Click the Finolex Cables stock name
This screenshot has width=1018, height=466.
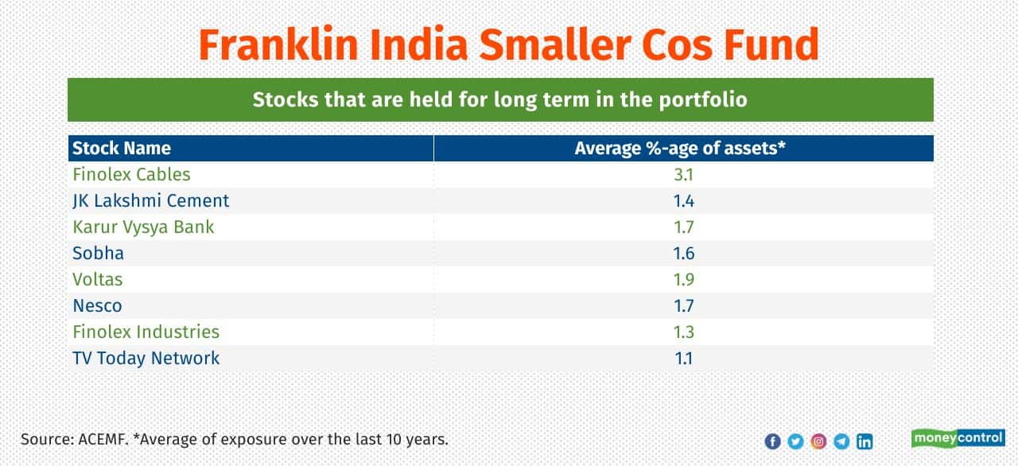click(x=131, y=174)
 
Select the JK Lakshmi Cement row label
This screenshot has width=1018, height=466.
click(x=150, y=200)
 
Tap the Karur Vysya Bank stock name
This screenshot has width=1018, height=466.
click(x=143, y=227)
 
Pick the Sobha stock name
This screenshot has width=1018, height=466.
click(x=98, y=253)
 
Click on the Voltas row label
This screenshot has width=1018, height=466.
click(x=98, y=279)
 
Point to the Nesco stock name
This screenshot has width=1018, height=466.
click(x=97, y=305)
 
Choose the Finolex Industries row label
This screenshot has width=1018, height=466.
click(x=146, y=332)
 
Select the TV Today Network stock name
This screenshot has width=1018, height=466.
click(x=146, y=358)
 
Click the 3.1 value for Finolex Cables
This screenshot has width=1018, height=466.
click(x=683, y=174)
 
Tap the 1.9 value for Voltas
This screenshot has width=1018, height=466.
click(x=683, y=279)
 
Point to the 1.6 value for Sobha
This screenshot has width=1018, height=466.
click(x=683, y=253)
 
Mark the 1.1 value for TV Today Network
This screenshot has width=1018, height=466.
click(x=683, y=358)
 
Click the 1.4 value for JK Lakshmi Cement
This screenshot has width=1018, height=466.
click(x=683, y=200)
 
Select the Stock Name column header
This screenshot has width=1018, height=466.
click(x=122, y=148)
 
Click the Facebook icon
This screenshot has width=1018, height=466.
click(x=772, y=441)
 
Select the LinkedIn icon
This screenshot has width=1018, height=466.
click(x=865, y=441)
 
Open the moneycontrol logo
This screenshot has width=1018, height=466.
click(x=958, y=438)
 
